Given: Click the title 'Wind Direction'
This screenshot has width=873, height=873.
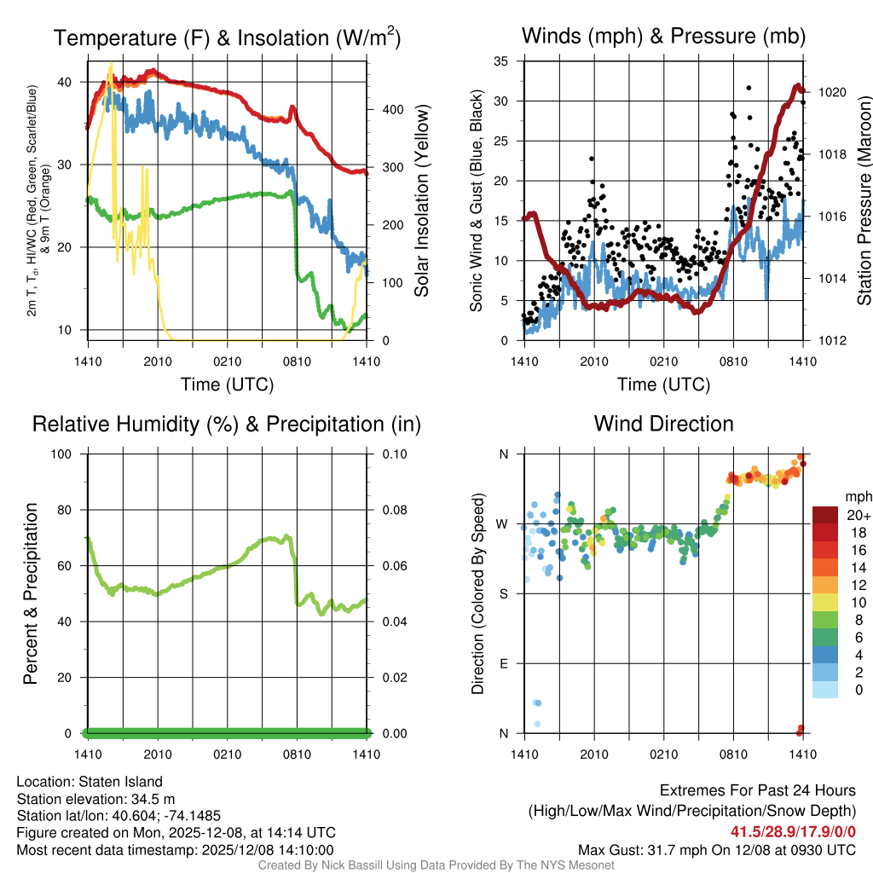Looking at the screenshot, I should [663, 424].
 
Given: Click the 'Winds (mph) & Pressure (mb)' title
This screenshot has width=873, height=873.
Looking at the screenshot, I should [663, 37].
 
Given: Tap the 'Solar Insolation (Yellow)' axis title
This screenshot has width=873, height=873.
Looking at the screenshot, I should [422, 200].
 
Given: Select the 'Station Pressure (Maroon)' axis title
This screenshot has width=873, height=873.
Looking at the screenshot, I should [864, 200].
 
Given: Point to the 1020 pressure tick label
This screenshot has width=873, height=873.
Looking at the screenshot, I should [831, 92].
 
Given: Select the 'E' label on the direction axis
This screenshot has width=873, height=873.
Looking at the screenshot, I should [504, 663].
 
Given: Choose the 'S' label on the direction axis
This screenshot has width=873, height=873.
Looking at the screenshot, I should [504, 593].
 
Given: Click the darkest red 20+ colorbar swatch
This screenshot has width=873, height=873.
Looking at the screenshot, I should [825, 515].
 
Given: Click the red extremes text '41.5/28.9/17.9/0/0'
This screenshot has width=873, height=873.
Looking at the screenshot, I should [793, 831].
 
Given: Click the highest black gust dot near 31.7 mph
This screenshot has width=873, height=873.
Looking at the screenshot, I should [749, 88].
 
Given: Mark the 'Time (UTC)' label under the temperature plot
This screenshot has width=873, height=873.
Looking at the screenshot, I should [227, 384].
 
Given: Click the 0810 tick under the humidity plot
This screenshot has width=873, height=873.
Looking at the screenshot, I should [297, 754].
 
